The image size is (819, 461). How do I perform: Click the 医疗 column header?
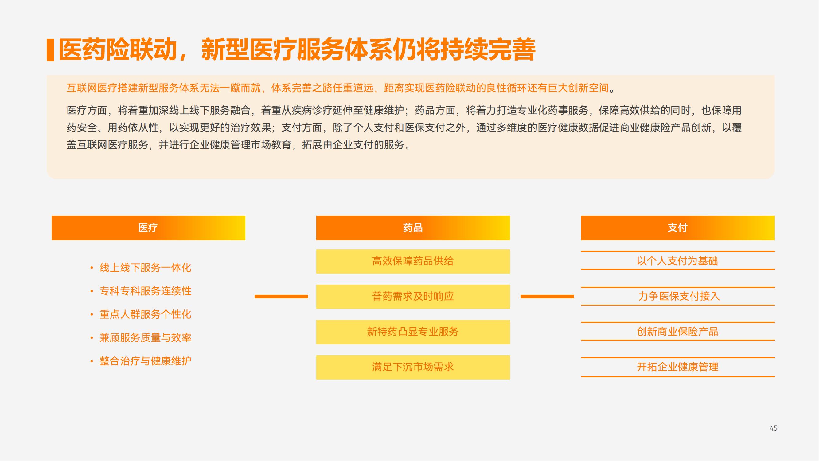tap(148, 228)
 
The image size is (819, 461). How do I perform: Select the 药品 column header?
tap(413, 228)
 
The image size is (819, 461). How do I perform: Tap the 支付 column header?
tap(678, 228)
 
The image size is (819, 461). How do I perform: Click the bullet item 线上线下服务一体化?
tap(145, 268)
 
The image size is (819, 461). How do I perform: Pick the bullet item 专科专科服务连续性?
tap(145, 291)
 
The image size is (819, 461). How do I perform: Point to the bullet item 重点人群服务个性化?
tap(145, 314)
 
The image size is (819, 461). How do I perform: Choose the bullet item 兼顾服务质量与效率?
tap(145, 337)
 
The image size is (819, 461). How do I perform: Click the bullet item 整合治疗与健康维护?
tap(145, 361)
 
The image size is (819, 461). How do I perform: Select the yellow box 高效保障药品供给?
tap(413, 261)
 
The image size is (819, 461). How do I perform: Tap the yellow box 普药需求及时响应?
tap(413, 297)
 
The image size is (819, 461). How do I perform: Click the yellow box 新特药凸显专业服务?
tap(413, 332)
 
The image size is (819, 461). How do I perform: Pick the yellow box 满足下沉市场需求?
tap(413, 367)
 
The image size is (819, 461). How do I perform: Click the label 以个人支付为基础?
tap(677, 261)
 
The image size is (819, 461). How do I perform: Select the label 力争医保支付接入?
tap(679, 296)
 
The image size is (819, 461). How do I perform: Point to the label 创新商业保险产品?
tap(677, 332)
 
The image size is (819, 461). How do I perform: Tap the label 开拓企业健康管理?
tap(677, 367)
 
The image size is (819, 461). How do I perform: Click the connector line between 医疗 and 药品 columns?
tap(281, 297)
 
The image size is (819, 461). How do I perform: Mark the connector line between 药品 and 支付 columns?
tap(547, 297)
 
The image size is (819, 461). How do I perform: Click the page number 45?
tap(774, 428)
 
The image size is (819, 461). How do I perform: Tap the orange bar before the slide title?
tap(50, 50)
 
